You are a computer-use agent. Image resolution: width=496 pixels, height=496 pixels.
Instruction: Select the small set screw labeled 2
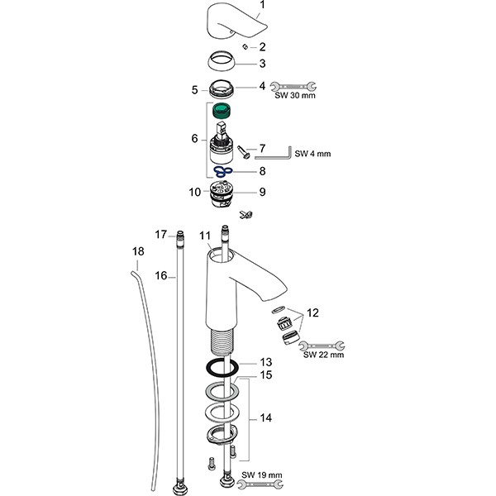[245, 47]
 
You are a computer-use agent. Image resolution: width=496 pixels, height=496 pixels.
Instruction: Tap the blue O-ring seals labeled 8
[219, 172]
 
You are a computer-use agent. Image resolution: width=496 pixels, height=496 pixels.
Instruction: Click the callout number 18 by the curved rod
[138, 249]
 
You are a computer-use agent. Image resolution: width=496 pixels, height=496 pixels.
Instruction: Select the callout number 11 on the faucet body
[205, 236]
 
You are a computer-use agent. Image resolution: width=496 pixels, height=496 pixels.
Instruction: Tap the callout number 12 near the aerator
[311, 312]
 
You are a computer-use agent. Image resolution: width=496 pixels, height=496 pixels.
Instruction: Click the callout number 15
[266, 375]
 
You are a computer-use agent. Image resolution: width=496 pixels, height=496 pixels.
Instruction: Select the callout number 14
[265, 418]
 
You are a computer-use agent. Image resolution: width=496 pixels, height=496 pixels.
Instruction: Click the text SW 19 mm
[264, 476]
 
